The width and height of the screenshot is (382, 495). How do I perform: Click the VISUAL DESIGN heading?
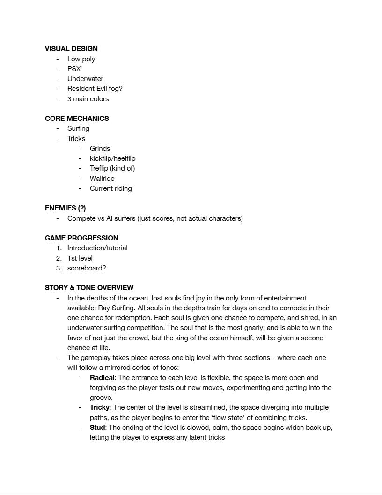click(x=71, y=49)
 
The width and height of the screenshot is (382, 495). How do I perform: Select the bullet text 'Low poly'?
click(x=81, y=59)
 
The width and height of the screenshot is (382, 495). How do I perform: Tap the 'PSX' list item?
click(x=74, y=69)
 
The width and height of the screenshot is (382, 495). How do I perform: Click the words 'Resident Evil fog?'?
click(x=95, y=89)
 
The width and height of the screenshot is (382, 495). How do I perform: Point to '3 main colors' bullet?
click(x=88, y=99)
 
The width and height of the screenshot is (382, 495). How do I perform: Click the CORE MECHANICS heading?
click(x=77, y=119)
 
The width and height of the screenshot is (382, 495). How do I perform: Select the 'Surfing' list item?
click(x=78, y=128)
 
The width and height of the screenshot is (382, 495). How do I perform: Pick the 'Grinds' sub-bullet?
click(x=100, y=149)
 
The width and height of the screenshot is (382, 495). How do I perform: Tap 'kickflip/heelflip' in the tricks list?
click(x=112, y=158)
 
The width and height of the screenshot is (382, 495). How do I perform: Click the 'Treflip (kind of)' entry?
click(x=112, y=168)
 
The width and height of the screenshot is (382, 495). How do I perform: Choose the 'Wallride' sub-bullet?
click(x=102, y=179)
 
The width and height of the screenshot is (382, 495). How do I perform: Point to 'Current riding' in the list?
click(x=111, y=188)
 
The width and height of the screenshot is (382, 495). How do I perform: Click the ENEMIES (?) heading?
click(x=66, y=208)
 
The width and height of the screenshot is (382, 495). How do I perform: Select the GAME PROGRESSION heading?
click(x=81, y=238)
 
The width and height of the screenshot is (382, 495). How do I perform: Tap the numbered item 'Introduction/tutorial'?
click(x=97, y=248)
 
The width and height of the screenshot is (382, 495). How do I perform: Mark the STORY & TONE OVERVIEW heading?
click(x=89, y=288)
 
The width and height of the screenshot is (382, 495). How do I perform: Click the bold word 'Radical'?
click(x=102, y=378)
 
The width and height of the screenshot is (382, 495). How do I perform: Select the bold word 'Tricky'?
click(x=99, y=407)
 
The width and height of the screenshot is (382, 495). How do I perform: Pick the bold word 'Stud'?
click(x=97, y=427)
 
